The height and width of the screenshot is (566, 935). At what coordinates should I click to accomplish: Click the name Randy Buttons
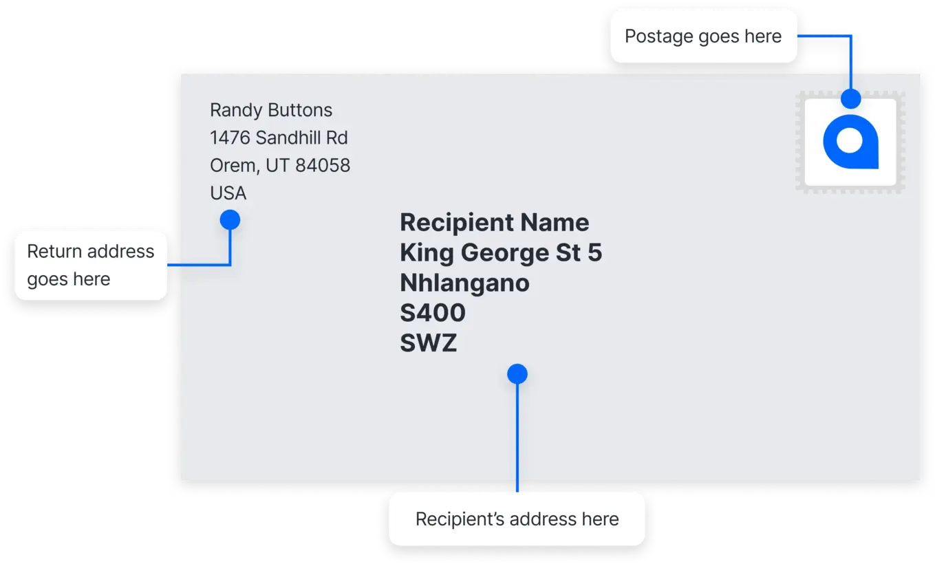pyautogui.click(x=271, y=110)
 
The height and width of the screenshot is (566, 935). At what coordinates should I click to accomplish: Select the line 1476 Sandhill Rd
pyautogui.click(x=279, y=138)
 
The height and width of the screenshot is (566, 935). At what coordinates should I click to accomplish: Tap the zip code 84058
pyautogui.click(x=322, y=165)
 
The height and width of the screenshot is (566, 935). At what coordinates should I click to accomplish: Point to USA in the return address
pyautogui.click(x=228, y=193)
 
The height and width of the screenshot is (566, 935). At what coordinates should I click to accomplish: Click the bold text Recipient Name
pyautogui.click(x=494, y=222)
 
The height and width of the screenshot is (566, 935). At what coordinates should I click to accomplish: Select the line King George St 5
pyautogui.click(x=501, y=253)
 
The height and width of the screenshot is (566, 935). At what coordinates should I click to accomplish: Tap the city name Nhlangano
pyautogui.click(x=464, y=283)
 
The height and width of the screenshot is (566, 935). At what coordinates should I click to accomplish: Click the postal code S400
pyautogui.click(x=433, y=312)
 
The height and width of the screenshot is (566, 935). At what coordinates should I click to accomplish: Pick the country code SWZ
pyautogui.click(x=428, y=343)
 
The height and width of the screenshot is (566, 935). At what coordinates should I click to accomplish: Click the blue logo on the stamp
pyautogui.click(x=850, y=142)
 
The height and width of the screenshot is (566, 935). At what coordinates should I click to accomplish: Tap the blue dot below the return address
pyautogui.click(x=230, y=220)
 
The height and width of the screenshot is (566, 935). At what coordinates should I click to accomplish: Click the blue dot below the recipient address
pyautogui.click(x=517, y=373)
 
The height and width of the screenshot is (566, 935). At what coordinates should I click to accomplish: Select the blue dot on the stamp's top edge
pyautogui.click(x=850, y=99)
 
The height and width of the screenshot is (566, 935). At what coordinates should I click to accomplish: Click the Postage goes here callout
pyautogui.click(x=703, y=36)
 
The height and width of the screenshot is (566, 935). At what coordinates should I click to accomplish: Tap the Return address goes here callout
pyautogui.click(x=91, y=265)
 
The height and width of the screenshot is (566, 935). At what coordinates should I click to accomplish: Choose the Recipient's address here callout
pyautogui.click(x=517, y=519)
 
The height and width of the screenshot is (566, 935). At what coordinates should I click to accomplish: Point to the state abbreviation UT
pyautogui.click(x=277, y=166)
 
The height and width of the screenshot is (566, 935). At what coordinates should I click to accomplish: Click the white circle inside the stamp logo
pyautogui.click(x=850, y=140)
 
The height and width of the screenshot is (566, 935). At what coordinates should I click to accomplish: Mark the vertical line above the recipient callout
pyautogui.click(x=517, y=438)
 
